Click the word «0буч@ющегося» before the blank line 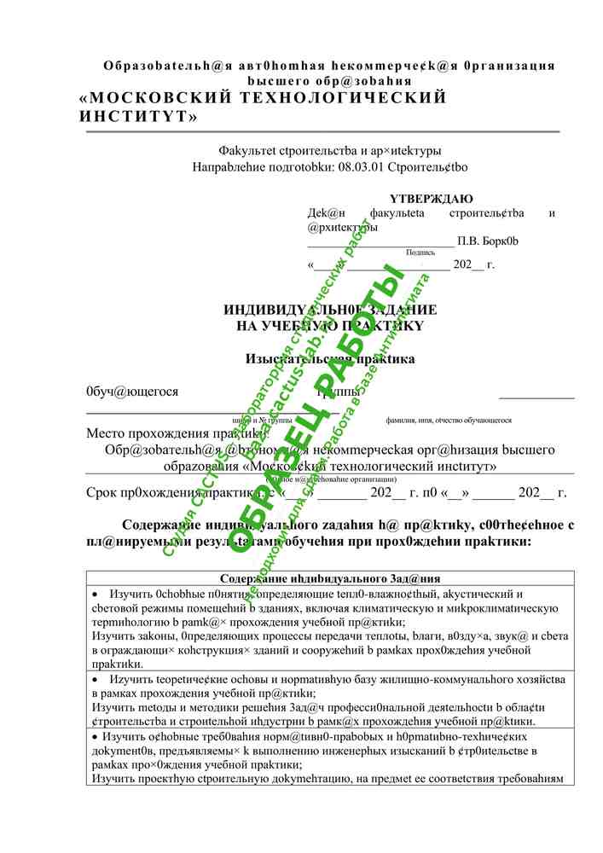[x=132, y=392]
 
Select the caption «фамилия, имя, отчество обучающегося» [x=449, y=421]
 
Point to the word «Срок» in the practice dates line [x=102, y=492]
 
